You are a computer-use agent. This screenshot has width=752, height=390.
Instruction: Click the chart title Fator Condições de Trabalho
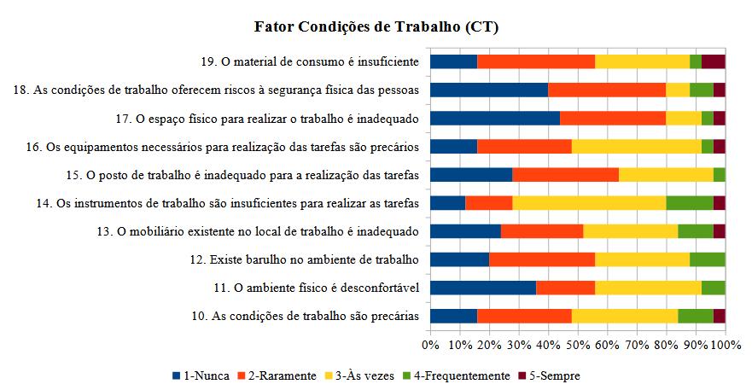[x=376, y=26]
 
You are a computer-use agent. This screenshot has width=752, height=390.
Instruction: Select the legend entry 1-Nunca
[x=204, y=375]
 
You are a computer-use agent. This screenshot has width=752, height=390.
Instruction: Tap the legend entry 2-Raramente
[x=282, y=375]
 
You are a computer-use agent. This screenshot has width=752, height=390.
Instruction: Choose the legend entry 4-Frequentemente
[x=462, y=375]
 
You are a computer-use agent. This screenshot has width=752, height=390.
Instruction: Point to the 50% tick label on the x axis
[x=578, y=345]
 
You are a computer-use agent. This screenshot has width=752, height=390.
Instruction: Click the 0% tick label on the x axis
[x=430, y=345]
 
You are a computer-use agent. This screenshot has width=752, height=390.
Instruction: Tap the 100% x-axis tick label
[x=724, y=345]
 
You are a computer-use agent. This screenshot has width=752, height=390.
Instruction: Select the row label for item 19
[x=310, y=61]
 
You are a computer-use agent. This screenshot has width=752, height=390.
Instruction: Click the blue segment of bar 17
[x=494, y=118]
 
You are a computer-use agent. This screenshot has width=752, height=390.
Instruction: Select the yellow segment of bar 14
[x=589, y=203]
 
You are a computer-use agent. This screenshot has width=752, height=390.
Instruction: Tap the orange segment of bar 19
[x=535, y=61]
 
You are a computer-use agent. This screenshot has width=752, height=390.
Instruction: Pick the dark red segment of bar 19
[x=713, y=61]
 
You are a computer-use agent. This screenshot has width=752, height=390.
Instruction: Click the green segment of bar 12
[x=707, y=259]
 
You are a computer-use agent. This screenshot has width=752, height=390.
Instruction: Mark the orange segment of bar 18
[x=606, y=90]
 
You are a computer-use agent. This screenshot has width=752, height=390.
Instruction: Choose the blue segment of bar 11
[x=482, y=288]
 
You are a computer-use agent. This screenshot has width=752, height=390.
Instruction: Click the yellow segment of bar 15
[x=666, y=175]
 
